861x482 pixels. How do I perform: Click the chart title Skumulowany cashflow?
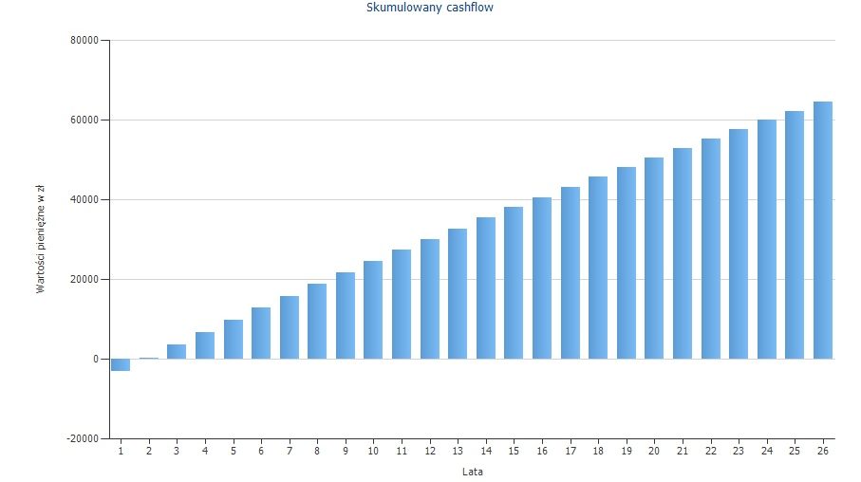tap(429, 8)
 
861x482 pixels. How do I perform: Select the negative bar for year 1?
tap(121, 364)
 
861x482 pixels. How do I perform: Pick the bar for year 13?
tap(458, 294)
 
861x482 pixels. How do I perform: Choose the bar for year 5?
tap(234, 339)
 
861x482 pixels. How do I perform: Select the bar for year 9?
tap(346, 315)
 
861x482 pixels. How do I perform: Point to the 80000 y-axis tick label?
tap(83, 41)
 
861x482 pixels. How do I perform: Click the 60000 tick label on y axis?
tap(83, 120)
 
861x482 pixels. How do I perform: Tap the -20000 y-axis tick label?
tap(81, 438)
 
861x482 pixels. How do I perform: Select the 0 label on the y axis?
tap(94, 360)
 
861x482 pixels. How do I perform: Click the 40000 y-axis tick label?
tap(83, 200)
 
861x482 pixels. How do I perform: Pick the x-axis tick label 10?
tap(373, 451)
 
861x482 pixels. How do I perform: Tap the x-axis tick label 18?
tap(598, 451)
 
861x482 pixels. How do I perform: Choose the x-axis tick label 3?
tap(177, 451)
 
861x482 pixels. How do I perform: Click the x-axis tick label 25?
tap(795, 451)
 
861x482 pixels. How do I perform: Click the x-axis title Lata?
tap(472, 472)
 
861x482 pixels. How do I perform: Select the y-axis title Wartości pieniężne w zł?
tap(41, 240)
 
